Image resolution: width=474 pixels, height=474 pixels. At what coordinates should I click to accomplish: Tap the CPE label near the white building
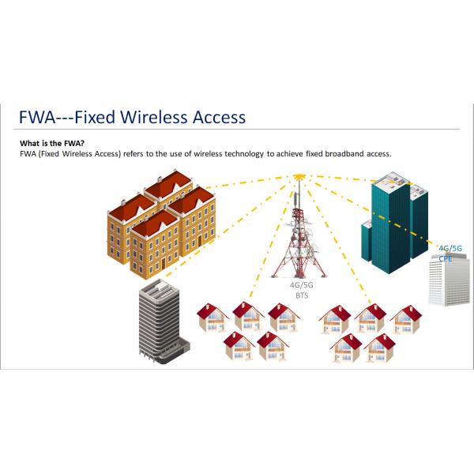[446, 258]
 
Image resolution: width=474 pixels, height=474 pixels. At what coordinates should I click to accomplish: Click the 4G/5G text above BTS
[299, 284]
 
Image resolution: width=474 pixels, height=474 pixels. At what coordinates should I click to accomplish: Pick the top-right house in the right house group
[405, 318]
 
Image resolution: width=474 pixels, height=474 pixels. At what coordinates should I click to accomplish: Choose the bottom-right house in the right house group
[380, 348]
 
